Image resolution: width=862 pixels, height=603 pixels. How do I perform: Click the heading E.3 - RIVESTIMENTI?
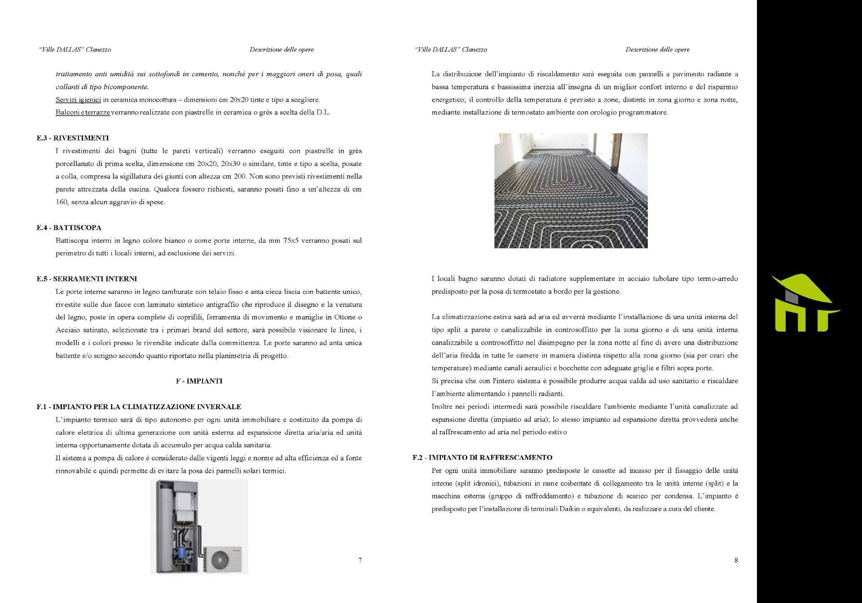[x=73, y=138]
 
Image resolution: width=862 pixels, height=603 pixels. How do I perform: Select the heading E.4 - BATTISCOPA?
[x=69, y=227]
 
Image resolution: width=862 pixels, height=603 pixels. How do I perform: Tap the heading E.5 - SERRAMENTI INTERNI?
[x=87, y=279]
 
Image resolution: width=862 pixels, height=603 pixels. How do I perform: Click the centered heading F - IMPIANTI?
[x=199, y=381]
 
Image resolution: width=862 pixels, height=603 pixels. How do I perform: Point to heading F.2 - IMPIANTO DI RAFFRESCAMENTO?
[x=482, y=458]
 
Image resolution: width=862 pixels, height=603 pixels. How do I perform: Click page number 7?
[x=360, y=560]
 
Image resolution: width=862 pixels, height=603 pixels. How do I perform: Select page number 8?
[x=736, y=560]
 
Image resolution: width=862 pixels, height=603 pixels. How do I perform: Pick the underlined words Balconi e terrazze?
[x=83, y=113]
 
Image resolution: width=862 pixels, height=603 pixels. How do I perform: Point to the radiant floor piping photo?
[x=571, y=190]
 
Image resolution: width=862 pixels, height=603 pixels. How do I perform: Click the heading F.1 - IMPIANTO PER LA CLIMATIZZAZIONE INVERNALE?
[x=139, y=407]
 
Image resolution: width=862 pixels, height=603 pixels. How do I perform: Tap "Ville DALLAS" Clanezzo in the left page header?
[x=75, y=49]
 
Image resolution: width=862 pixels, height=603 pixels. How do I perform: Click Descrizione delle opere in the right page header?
[x=657, y=49]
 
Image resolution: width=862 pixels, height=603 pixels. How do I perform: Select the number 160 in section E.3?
[x=62, y=202]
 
